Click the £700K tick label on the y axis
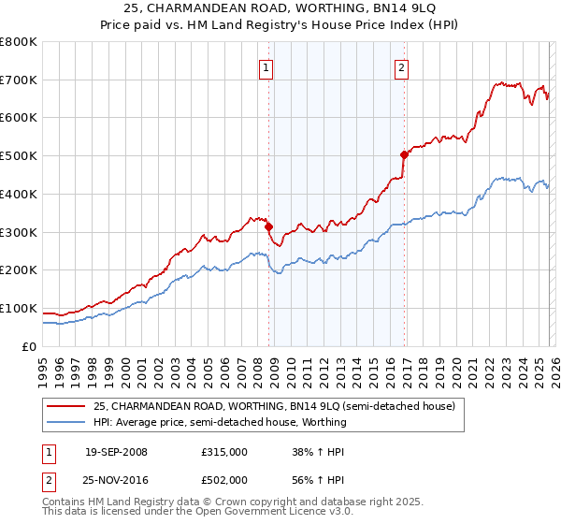tap(19, 80)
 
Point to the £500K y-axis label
tap(19, 156)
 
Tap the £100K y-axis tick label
tap(19, 308)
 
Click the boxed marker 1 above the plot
tap(266, 66)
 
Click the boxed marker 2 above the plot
tap(401, 66)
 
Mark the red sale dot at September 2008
tap(268, 226)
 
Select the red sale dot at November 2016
tap(404, 155)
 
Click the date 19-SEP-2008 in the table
tap(116, 452)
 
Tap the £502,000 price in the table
tap(224, 480)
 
